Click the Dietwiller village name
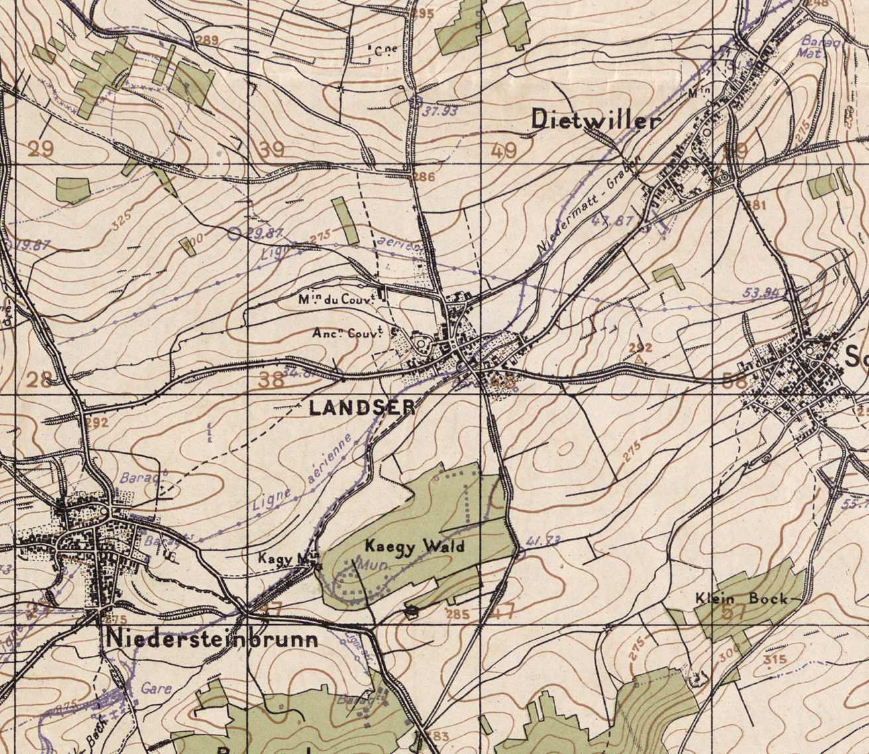[596, 120]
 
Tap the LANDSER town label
[362, 408]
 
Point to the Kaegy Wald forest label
[415, 547]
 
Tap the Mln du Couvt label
[336, 299]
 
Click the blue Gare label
[157, 688]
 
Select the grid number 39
[271, 150]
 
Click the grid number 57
[734, 612]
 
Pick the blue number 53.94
[760, 292]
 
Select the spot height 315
[774, 659]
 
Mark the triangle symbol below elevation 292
[639, 359]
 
